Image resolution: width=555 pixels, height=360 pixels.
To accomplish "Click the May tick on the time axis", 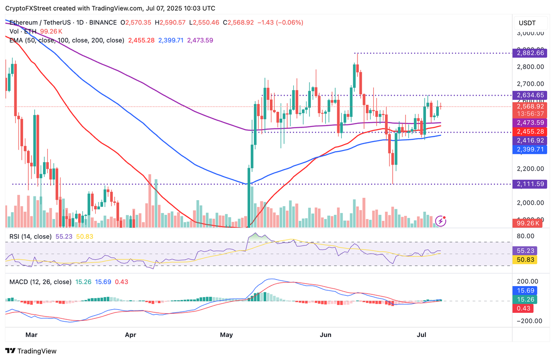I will tap(227, 334).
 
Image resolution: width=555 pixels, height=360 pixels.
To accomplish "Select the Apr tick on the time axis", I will tap(131, 334).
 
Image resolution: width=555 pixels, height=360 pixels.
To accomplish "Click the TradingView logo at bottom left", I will tap(31, 351).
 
